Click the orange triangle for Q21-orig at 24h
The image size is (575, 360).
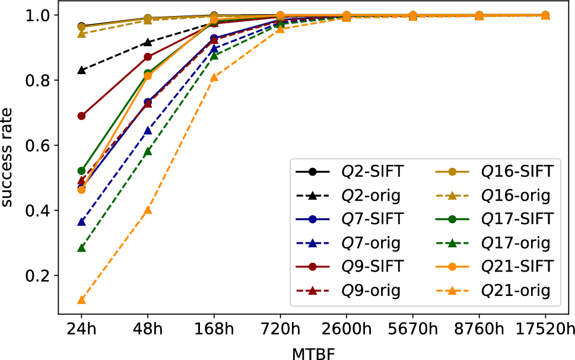click(81, 300)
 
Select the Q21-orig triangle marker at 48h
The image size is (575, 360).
click(148, 210)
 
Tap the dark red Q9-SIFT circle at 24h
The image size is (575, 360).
click(81, 116)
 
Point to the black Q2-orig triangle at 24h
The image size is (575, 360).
click(81, 70)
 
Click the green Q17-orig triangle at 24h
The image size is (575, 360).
click(81, 248)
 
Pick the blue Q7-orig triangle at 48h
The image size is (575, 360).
click(148, 130)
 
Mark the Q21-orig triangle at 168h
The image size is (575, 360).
click(214, 77)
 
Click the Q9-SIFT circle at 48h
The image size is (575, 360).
click(148, 57)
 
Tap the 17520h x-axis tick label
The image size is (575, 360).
click(545, 329)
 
